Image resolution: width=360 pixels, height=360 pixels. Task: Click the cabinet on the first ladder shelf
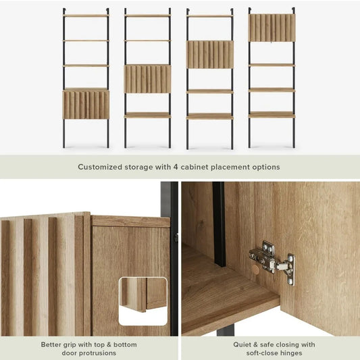tap(86, 104)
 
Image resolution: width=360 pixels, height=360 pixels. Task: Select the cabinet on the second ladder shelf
tap(147, 79)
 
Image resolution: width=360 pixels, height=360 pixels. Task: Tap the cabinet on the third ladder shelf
tap(210, 55)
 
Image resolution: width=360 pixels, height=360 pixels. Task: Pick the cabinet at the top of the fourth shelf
tap(272, 28)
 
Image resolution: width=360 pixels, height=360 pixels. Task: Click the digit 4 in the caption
tap(176, 167)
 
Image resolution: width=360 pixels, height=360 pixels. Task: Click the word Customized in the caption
tap(100, 167)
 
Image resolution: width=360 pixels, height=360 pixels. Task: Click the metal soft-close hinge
tap(272, 263)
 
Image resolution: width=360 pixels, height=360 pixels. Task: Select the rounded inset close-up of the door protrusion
tap(143, 301)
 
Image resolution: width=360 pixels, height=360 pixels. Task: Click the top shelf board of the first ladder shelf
tap(86, 16)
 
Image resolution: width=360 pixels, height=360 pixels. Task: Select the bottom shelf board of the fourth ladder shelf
tap(272, 115)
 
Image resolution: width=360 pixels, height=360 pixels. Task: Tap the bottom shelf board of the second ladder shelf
tap(147, 115)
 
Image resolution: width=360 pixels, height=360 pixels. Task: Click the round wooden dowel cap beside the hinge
tap(255, 269)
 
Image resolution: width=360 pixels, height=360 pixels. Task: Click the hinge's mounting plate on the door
tap(290, 269)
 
